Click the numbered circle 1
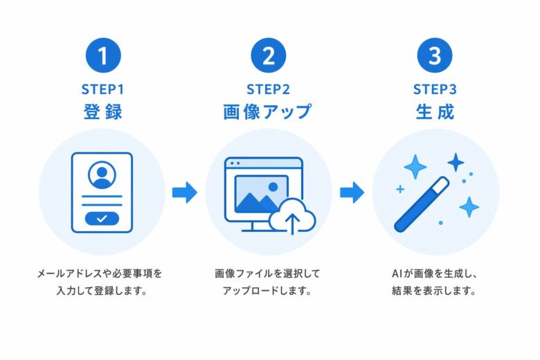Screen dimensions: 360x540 [102, 56]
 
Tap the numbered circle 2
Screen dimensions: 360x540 [268, 56]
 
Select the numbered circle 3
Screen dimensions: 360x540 [434, 56]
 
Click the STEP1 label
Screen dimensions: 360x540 [102, 89]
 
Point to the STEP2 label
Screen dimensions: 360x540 [268, 89]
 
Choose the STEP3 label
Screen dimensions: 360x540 [434, 89]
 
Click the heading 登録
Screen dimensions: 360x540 [102, 112]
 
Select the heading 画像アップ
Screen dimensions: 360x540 [268, 112]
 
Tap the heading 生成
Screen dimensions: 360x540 [434, 112]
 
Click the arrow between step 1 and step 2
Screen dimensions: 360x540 [185, 192]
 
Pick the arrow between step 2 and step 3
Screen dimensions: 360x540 [352, 192]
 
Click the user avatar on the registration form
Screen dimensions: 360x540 [102, 174]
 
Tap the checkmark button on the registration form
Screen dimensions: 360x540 [102, 218]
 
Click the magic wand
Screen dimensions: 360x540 [422, 204]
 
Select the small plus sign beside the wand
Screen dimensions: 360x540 [399, 188]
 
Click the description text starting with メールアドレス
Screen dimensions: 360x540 [102, 274]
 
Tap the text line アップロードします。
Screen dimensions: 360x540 [268, 291]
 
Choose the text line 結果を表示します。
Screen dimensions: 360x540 [434, 291]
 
